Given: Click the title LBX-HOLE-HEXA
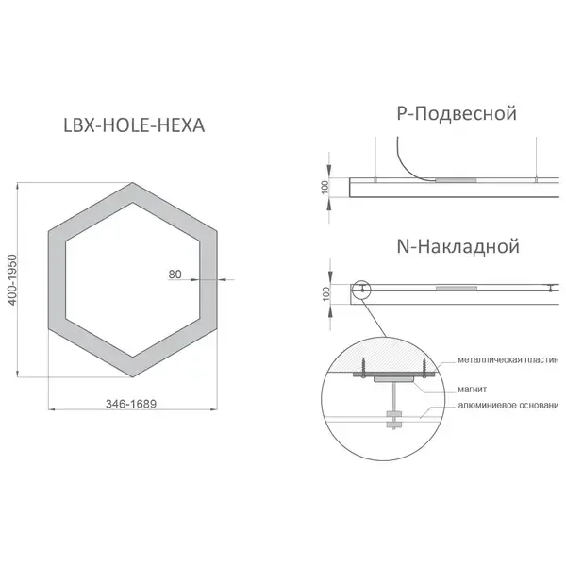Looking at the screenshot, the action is coord(134,125).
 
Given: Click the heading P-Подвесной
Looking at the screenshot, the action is coord(457,113).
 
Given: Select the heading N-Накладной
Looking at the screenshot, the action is coord(458,246).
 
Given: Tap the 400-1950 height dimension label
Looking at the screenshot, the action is coord(12,280).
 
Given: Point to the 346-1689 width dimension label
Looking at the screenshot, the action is coord(131,404).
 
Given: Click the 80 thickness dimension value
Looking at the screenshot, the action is coord(175,275).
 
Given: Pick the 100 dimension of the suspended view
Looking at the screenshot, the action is coord(325,187).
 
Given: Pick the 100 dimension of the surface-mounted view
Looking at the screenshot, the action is coord(325,293).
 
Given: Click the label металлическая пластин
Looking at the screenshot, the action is coord(508,360).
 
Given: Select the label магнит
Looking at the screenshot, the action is coord(473,389).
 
